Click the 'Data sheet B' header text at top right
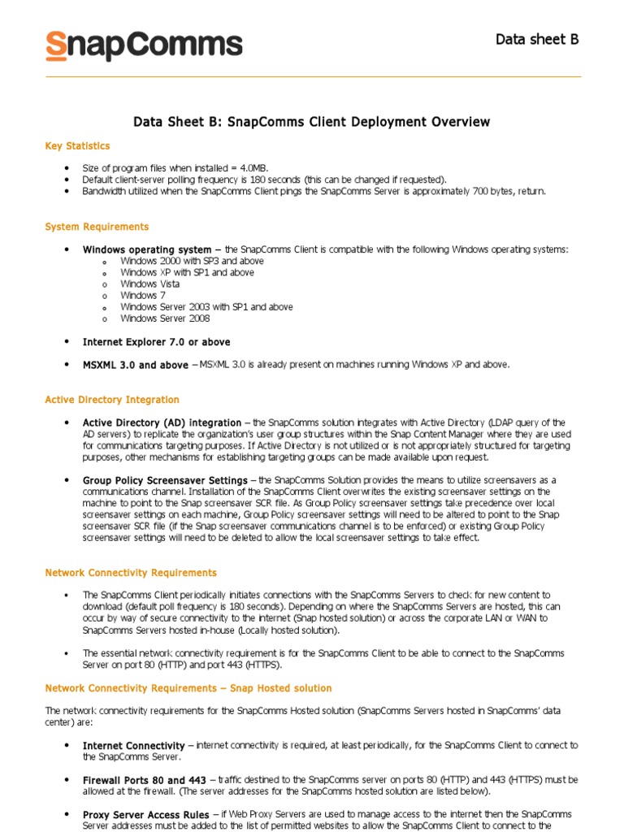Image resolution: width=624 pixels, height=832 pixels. click(x=537, y=39)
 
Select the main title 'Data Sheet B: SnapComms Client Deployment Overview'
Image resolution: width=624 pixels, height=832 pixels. click(x=312, y=122)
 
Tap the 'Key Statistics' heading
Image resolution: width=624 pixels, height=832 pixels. click(x=77, y=146)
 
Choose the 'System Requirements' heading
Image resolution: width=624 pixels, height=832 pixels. click(x=97, y=227)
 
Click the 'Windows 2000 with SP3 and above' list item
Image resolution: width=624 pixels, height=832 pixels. click(x=192, y=262)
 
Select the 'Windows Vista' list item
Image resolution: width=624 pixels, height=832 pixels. click(x=150, y=284)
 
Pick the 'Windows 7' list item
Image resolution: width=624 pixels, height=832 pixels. click(x=143, y=296)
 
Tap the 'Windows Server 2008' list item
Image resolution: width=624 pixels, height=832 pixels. click(x=165, y=318)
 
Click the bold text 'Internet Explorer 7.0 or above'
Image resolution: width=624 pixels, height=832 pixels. click(x=156, y=342)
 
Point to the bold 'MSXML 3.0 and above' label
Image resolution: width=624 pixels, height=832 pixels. click(x=135, y=365)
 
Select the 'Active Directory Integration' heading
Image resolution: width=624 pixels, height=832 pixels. click(x=112, y=400)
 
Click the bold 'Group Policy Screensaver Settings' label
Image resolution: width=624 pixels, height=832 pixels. click(x=165, y=480)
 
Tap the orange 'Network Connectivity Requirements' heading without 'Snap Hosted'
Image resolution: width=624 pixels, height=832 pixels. click(x=131, y=573)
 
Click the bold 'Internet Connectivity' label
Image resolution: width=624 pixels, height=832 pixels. click(x=134, y=745)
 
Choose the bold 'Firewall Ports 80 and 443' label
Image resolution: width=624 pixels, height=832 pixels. click(x=145, y=779)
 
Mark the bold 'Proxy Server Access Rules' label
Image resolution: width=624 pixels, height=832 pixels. click(x=146, y=813)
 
